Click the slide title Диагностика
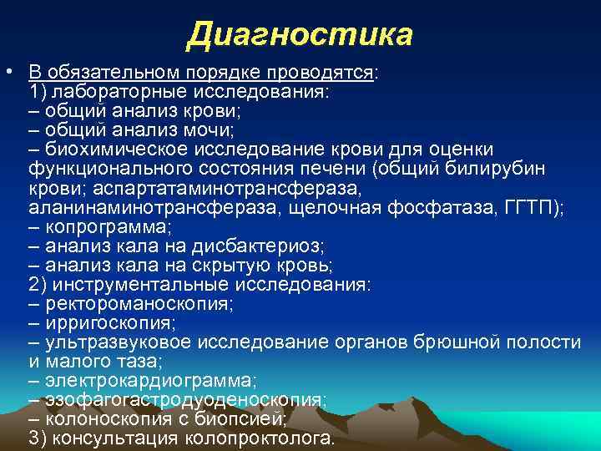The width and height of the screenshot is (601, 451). coord(300,35)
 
